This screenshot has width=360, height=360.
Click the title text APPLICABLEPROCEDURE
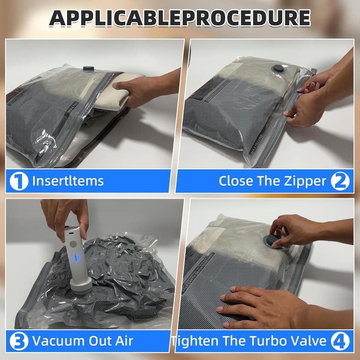[x=180, y=18]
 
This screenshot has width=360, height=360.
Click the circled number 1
[x=19, y=181]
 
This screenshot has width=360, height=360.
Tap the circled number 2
[x=340, y=181]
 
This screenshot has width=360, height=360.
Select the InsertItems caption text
[x=68, y=181]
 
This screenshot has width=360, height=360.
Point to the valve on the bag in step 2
[x=276, y=69]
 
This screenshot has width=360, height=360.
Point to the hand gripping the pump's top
[x=65, y=213]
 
